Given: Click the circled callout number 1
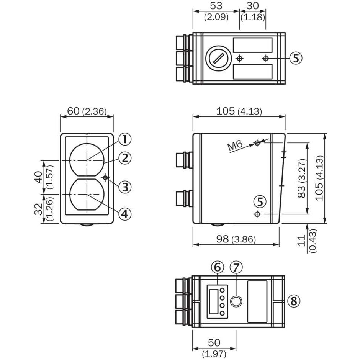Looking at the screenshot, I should click(x=124, y=139).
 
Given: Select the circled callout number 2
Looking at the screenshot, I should click(x=124, y=158).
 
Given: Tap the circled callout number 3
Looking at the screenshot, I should click(x=124, y=187).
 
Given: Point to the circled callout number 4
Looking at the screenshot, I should click(x=124, y=214).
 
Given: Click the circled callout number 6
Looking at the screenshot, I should click(x=217, y=267).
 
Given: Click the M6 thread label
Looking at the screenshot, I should click(x=235, y=146).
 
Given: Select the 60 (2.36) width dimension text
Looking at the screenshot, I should click(x=87, y=111).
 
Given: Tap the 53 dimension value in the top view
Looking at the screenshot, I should click(x=216, y=6).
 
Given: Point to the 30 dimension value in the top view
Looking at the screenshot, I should click(x=252, y=6).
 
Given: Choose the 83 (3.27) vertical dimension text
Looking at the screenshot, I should click(x=302, y=178).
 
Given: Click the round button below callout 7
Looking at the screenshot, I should click(x=236, y=301).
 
